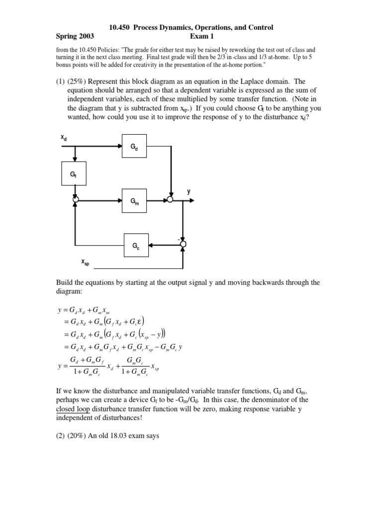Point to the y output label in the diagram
[x=189, y=191]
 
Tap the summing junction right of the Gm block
[x=170, y=200]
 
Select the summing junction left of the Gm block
[x=75, y=200]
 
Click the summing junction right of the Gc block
[x=183, y=244]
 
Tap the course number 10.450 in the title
[x=120, y=27]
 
